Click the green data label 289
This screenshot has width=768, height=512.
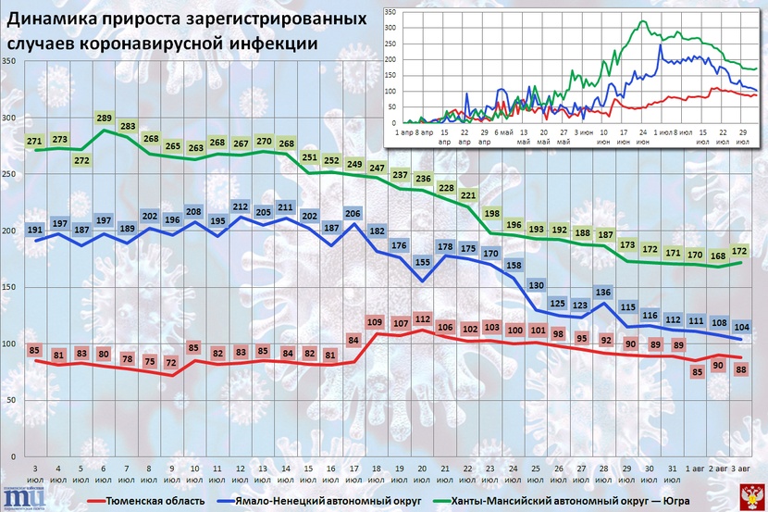(x=104, y=119)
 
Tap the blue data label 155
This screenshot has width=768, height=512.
(x=422, y=262)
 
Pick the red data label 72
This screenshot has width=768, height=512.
(x=170, y=362)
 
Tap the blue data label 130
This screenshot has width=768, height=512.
(x=535, y=284)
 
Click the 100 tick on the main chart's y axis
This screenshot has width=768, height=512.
(x=9, y=344)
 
